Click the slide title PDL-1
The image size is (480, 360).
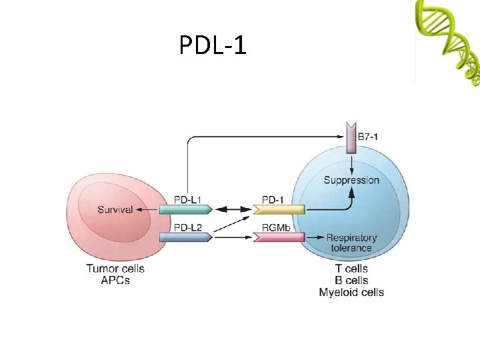[213, 45]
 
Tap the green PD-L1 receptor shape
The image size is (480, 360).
[185, 209]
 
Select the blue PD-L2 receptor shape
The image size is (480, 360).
[185, 237]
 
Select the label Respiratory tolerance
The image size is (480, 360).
[351, 243]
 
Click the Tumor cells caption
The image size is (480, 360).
[115, 269]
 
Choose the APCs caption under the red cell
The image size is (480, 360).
[115, 280]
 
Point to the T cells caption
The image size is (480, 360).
[351, 269]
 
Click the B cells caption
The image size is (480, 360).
[351, 280]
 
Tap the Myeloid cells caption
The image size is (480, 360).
[351, 292]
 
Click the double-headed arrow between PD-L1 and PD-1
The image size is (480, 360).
[232, 209]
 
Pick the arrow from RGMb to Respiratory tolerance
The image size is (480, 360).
[315, 237]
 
